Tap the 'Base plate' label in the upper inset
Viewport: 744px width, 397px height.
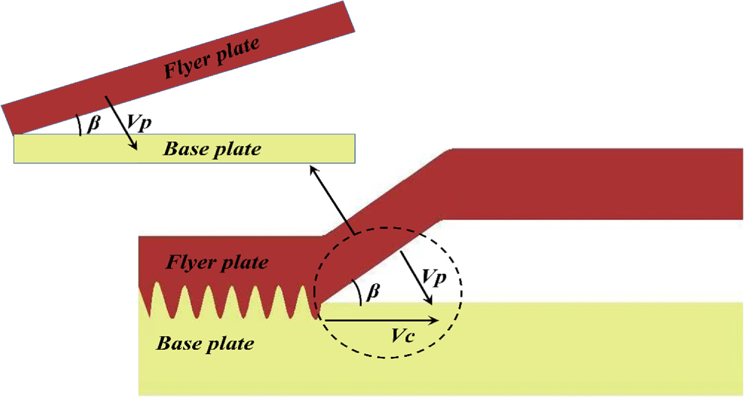[x=213, y=149]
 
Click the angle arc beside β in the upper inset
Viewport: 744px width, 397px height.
[x=79, y=125]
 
